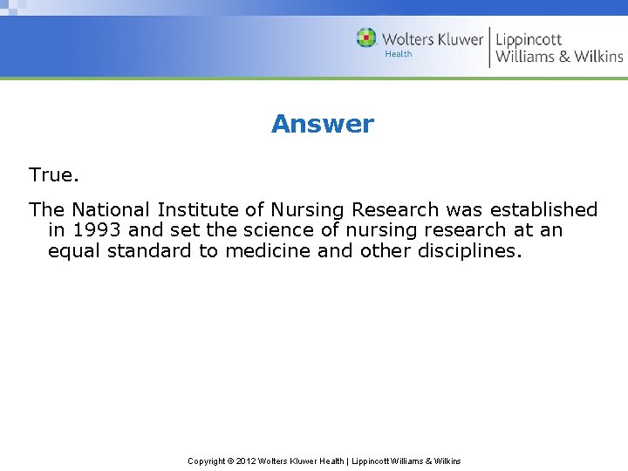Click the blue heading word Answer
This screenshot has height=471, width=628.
coord(322,124)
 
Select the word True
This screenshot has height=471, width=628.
coord(54,174)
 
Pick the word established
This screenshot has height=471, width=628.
coord(543,210)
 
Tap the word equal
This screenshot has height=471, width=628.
coord(73,251)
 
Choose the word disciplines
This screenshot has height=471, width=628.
coord(468,251)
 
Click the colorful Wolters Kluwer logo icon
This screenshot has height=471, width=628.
coord(366,38)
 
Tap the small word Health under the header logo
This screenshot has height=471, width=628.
coord(399,54)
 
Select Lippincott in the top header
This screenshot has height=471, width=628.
coord(529,39)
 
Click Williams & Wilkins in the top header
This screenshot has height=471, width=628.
coord(559,57)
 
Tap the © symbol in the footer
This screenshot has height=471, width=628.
coord(232,461)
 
